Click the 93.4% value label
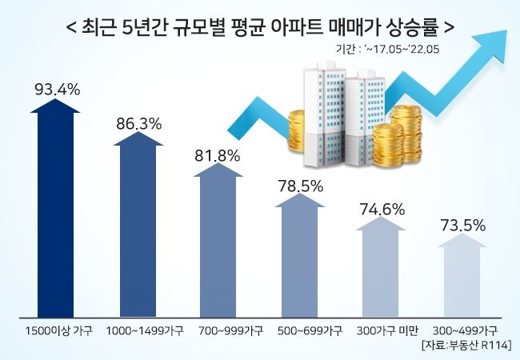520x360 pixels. point(57,89)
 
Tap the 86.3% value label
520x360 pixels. point(138,124)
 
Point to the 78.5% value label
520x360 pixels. point(300,186)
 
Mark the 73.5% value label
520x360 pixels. point(463,225)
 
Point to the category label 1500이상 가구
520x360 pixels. point(58,330)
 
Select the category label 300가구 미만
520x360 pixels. point(381,330)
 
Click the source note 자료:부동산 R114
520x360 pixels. point(467,344)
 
